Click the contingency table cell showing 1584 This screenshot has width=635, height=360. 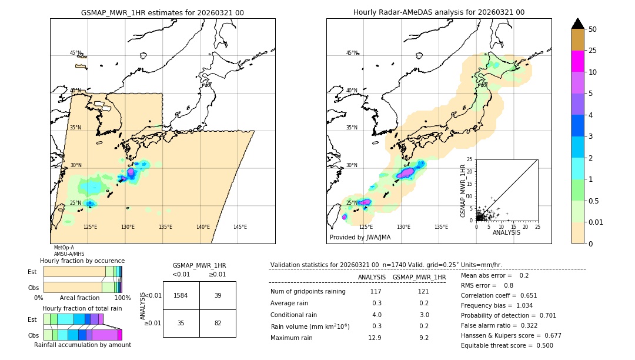coord(181,295)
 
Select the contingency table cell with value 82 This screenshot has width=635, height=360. coord(218,323)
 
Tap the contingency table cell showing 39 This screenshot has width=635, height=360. coord(218,295)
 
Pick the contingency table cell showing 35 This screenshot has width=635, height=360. coord(181,323)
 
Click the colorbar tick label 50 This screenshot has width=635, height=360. coord(593,29)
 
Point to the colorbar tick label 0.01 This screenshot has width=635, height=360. coord(596,222)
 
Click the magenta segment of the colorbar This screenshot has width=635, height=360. coord(578,61)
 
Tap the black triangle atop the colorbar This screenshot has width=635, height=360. coord(578,24)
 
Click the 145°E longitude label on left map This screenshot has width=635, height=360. coord(240,227)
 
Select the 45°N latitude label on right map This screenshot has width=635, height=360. coord(352,53)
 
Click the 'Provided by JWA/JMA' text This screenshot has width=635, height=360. coord(360,238)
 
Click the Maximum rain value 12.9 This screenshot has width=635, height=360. coord(375,338)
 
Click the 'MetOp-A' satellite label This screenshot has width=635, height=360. coord(64,248)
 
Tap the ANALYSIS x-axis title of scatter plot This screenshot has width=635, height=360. coord(506,232)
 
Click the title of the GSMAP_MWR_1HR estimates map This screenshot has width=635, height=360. coord(162,12)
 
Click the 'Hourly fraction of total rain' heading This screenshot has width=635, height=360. coord(82,308)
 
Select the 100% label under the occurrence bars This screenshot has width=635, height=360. coord(122,298)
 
